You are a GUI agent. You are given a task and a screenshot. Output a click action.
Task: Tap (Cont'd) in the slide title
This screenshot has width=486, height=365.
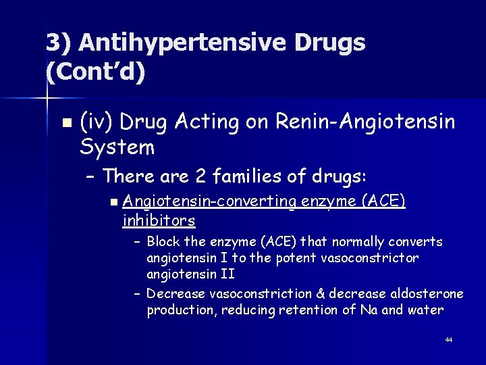pyautogui.click(x=95, y=70)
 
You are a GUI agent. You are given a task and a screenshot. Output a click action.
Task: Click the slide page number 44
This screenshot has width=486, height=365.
pyautogui.click(x=449, y=339)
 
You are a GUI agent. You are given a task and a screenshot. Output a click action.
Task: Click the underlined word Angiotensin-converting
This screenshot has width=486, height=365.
pyautogui.click(x=210, y=201)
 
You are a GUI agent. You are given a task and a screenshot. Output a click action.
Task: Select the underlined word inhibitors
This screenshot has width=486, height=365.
pyautogui.click(x=159, y=220)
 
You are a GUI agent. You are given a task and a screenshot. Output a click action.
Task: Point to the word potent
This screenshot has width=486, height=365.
pyautogui.click(x=290, y=258)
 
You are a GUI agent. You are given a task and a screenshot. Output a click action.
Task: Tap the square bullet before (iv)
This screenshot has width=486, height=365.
pyautogui.click(x=65, y=123)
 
